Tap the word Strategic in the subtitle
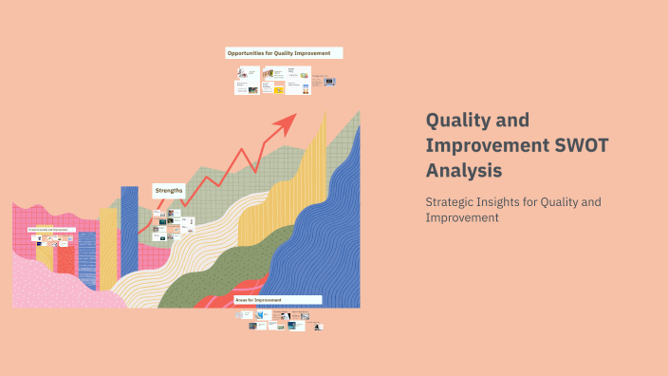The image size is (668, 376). coord(452,201)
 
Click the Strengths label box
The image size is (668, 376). coord(168,190)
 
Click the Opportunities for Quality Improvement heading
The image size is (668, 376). coord(283,53)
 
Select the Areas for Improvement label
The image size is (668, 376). coord(277,299)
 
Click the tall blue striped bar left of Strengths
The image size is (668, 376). coord(129,228)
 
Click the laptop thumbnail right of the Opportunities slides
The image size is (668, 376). coord(329,82)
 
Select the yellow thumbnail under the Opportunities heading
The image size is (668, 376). coord(280,88)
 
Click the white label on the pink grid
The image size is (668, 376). coord(46,230)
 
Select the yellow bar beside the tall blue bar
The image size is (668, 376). coord(108,247)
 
